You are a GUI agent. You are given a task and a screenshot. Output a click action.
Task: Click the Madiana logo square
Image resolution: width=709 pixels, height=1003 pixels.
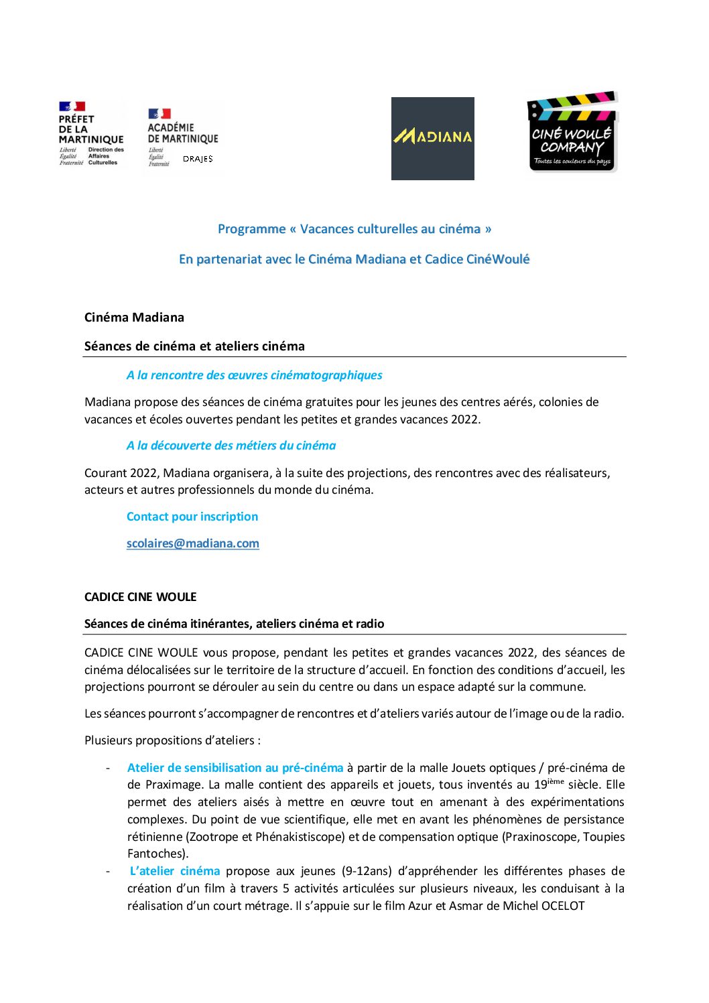[x=432, y=139]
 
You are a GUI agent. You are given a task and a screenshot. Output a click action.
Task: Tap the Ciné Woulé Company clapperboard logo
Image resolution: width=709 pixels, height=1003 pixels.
[x=572, y=132]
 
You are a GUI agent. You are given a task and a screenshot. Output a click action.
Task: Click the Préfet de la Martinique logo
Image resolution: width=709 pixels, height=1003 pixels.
[x=91, y=133]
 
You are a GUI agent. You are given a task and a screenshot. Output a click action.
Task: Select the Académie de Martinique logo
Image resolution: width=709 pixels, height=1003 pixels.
[x=182, y=133]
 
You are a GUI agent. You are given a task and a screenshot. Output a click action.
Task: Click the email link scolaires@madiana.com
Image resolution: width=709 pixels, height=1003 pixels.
[x=192, y=543]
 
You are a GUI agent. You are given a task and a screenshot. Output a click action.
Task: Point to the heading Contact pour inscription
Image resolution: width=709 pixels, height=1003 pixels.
[x=192, y=517]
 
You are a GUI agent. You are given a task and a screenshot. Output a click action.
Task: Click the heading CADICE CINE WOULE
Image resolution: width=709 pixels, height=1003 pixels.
[x=140, y=597]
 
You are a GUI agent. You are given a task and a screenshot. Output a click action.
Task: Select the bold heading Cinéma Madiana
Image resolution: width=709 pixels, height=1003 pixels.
[x=134, y=318]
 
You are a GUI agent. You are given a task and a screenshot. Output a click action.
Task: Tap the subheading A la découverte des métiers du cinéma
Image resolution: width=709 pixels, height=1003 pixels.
[x=231, y=446]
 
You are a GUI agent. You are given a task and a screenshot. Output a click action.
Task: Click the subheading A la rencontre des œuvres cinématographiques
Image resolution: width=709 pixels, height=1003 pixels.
[x=254, y=375]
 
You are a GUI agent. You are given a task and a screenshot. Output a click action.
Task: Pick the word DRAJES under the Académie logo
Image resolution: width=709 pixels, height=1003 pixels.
[x=198, y=159]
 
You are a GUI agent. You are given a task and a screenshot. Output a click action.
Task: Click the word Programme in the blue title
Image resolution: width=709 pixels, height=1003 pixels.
[x=251, y=229]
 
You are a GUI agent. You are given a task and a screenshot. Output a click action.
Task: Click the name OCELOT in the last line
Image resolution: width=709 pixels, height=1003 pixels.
[x=562, y=906]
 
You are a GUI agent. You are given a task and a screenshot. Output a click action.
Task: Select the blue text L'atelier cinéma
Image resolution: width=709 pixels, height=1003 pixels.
[x=174, y=871]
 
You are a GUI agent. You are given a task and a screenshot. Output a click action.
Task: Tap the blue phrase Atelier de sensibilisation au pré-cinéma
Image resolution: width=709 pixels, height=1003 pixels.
[x=235, y=768]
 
